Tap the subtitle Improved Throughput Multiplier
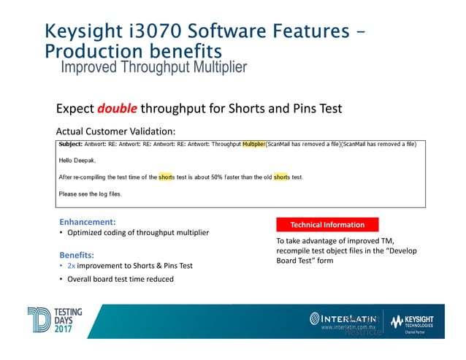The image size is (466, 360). tap(153, 68)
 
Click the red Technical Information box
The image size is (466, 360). tap(326, 224)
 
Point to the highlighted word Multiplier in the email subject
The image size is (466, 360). tap(253, 144)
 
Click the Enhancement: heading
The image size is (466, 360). tap(88, 221)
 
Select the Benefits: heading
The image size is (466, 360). tap(77, 255)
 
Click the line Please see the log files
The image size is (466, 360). tap(90, 194)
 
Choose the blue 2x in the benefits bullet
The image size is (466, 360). tap(81, 267)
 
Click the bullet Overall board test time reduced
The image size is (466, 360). tap(121, 279)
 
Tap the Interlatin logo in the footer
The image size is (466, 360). tap(343, 318)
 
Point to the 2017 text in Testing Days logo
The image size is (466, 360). tap(69, 326)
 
